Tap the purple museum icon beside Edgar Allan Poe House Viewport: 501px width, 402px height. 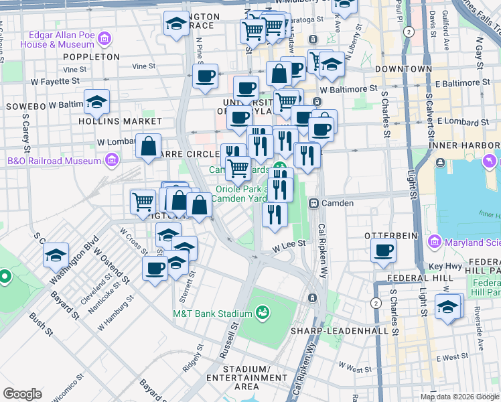104,40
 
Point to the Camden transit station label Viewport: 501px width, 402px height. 338,202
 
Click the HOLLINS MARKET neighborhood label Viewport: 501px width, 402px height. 120,121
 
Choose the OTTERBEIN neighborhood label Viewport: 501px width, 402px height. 391,236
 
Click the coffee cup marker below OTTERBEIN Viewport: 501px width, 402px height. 384,251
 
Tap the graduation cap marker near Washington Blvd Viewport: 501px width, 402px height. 56,255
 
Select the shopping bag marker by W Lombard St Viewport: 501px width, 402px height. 149,145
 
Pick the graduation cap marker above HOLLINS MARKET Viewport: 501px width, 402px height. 97,103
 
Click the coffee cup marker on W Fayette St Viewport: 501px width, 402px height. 206,75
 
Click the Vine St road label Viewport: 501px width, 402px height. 143,66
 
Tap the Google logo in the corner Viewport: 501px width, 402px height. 23,394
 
